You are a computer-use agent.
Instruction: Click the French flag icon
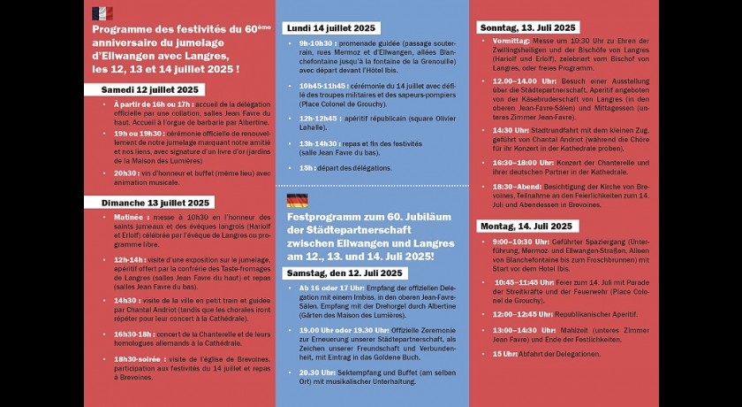pyautogui.click(x=102, y=13)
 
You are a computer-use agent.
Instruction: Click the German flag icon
pyautogui.click(x=297, y=200)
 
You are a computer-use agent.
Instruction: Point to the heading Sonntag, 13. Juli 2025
pyautogui.click(x=528, y=27)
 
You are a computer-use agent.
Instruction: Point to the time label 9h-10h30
pyautogui.click(x=316, y=42)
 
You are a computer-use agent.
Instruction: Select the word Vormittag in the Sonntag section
pyautogui.click(x=511, y=41)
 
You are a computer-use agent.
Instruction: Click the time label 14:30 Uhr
pyautogui.click(x=510, y=129)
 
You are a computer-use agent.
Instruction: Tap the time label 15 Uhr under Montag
pyautogui.click(x=504, y=353)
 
